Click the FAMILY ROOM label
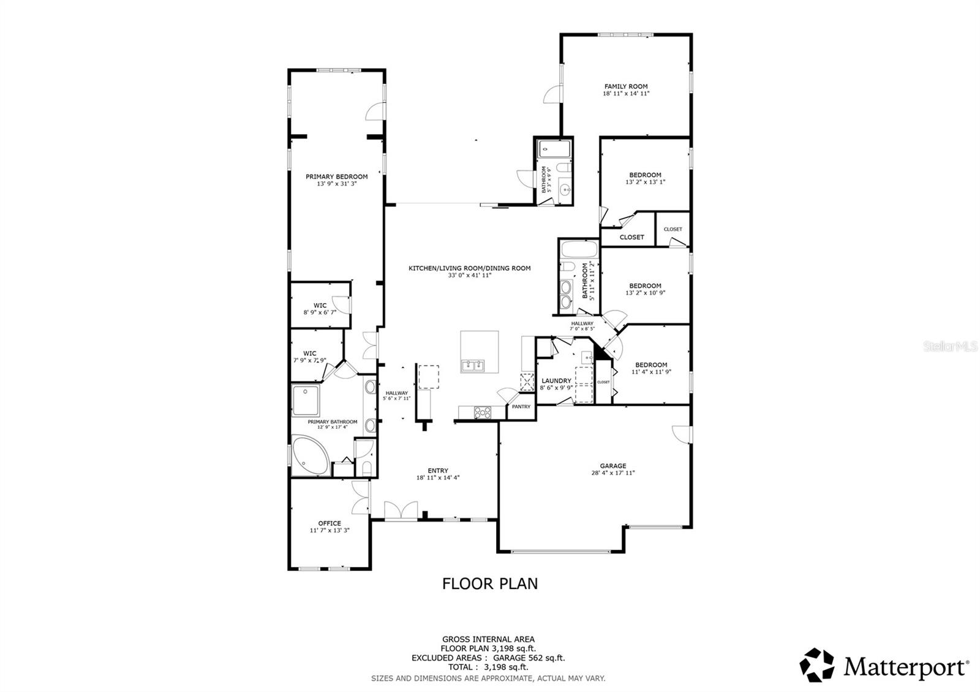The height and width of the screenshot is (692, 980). (626, 86)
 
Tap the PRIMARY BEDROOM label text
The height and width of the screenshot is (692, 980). (337, 176)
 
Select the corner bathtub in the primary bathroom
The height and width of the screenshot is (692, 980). (309, 456)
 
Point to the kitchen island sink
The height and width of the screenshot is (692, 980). (472, 366)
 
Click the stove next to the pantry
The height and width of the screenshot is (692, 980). (482, 412)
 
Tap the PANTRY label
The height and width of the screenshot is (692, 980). (521, 407)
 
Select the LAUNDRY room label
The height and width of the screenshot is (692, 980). (556, 381)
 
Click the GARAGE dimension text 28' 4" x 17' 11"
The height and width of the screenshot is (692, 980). (613, 473)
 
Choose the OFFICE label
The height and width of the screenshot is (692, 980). (330, 523)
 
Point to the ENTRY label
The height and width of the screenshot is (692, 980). (438, 470)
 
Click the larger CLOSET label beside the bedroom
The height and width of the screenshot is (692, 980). (631, 237)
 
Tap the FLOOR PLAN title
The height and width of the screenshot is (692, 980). (490, 584)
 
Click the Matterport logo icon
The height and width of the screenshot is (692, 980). (818, 665)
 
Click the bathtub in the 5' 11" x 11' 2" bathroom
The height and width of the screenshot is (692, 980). (579, 250)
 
